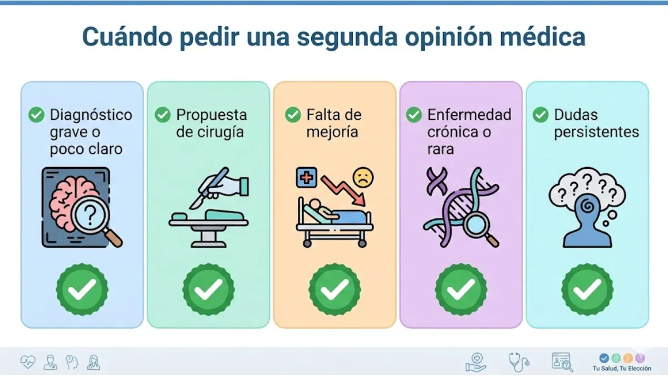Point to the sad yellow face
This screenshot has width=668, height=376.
coord(364,178)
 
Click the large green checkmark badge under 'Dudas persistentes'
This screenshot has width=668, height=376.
coord(587,289)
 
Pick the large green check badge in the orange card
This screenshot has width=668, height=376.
coord(335,289)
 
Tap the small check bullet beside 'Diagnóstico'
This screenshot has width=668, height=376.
coord(36,115)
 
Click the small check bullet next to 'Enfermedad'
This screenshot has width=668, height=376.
coord(414,115)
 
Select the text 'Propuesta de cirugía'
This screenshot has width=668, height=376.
coord(211,124)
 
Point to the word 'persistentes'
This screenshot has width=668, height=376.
coord(596,133)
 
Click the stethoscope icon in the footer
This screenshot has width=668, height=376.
coord(518,362)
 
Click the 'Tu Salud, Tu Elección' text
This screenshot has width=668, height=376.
coord(622,368)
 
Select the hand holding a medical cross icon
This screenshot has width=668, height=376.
coord(477,362)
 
